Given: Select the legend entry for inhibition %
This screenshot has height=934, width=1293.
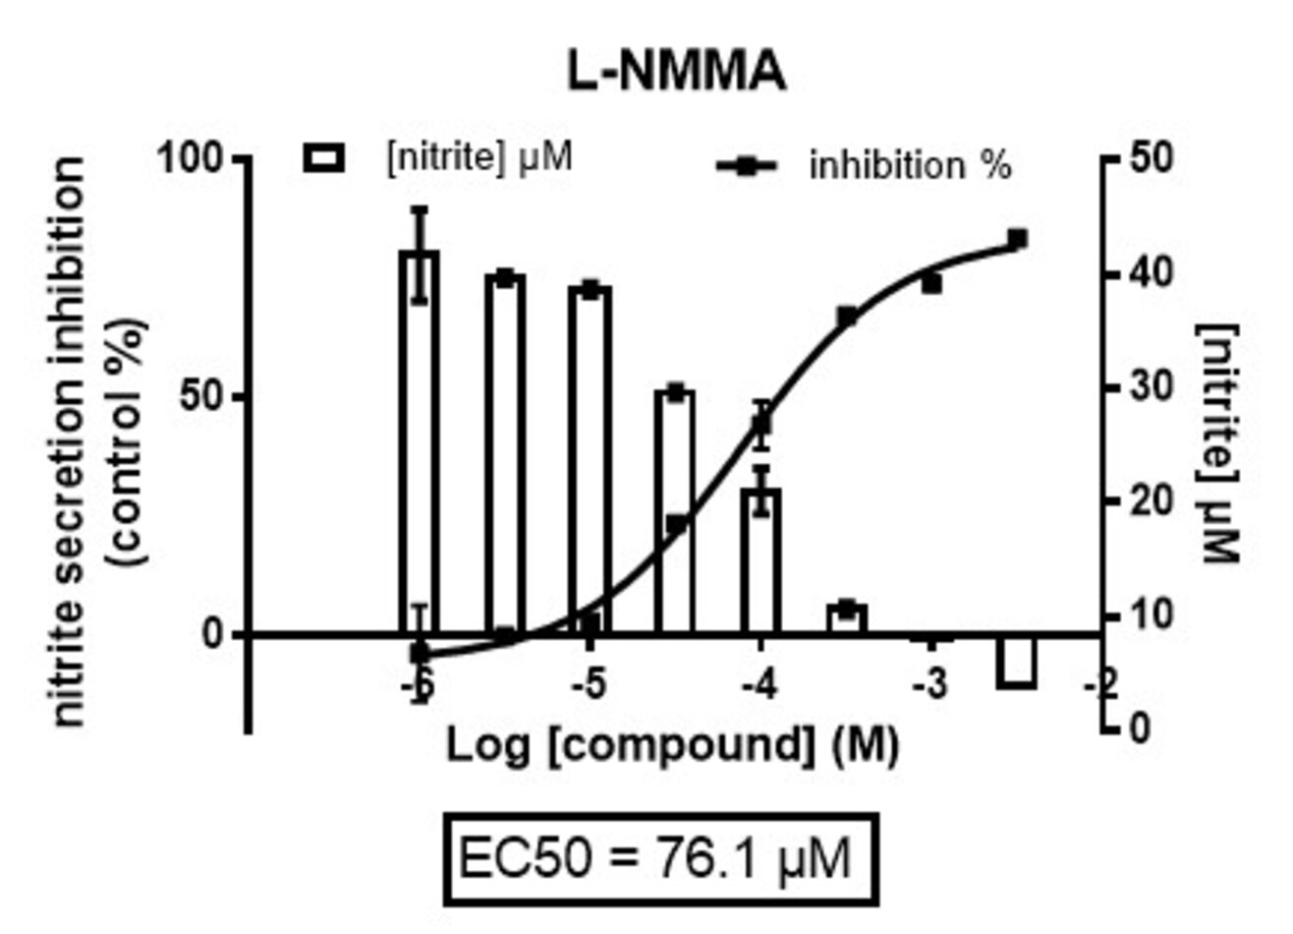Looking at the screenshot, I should click(865, 166).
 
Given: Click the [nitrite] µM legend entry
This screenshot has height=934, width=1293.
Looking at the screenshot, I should click(439, 157).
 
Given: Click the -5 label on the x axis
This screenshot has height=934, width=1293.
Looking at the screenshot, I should click(589, 684).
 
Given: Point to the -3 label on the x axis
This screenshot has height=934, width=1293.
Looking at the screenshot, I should click(929, 684).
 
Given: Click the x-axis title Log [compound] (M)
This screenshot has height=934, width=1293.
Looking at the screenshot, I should click(672, 746).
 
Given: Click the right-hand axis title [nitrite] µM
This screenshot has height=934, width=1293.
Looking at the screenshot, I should click(1221, 442).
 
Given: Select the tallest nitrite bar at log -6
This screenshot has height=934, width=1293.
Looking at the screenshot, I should click(419, 442).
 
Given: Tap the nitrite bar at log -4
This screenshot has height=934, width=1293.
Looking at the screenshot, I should click(760, 560).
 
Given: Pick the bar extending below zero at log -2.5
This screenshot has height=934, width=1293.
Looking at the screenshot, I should click(1016, 661).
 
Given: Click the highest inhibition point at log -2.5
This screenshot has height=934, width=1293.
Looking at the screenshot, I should click(1017, 239).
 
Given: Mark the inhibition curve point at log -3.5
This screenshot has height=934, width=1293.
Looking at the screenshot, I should click(847, 317).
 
